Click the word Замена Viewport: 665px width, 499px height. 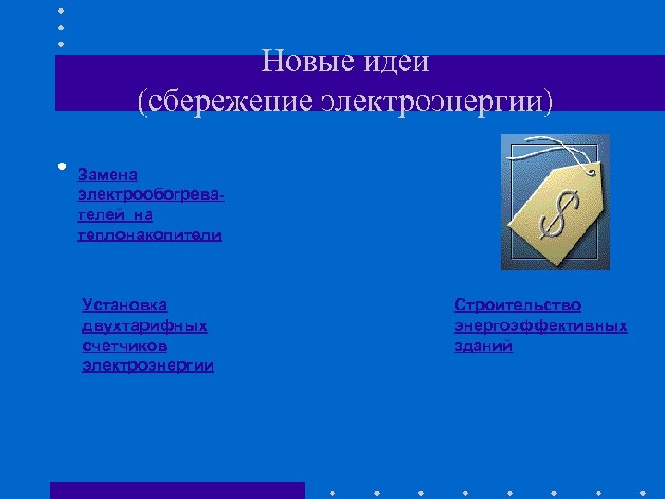pyautogui.click(x=107, y=174)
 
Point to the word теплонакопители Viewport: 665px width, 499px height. pyautogui.click(x=150, y=236)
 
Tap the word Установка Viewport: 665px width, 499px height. pyautogui.click(x=125, y=304)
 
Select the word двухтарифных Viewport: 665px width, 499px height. pyautogui.click(x=144, y=325)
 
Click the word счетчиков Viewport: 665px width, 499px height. pyautogui.click(x=125, y=346)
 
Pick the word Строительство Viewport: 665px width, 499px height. pyautogui.click(x=517, y=305)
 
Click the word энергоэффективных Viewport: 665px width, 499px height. pyautogui.click(x=540, y=325)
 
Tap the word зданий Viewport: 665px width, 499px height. pyautogui.click(x=483, y=347)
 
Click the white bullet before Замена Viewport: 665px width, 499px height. pyautogui.click(x=60, y=167)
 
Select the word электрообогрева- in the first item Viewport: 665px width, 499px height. pyautogui.click(x=152, y=195)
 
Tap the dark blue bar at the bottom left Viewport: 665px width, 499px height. pyautogui.click(x=176, y=490)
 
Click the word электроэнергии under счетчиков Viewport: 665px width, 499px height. pyautogui.click(x=148, y=366)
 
